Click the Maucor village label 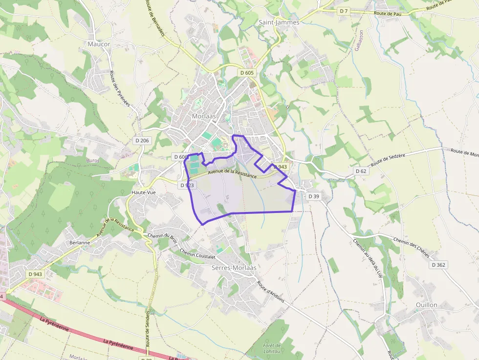[x=99, y=44]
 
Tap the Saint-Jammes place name [x=279, y=22]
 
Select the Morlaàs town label [x=204, y=116]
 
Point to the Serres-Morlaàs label [x=234, y=268]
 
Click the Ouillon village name [x=426, y=305]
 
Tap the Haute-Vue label [x=144, y=192]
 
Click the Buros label [x=92, y=160]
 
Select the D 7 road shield [x=344, y=11]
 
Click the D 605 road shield [x=247, y=72]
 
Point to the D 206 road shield [x=142, y=141]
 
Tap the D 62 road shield [x=361, y=171]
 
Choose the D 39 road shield [x=314, y=196]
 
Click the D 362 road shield [x=438, y=265]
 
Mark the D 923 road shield [x=187, y=185]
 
